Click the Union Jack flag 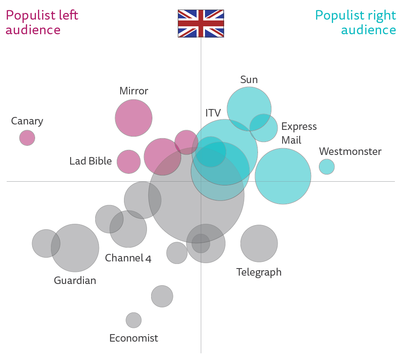click(201, 23)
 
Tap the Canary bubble click(27, 138)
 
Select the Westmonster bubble click(326, 167)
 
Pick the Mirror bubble click(134, 118)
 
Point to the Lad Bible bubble click(129, 162)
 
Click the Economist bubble click(134, 320)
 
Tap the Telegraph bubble click(259, 243)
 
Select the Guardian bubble click(75, 248)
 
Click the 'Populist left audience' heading click(42, 23)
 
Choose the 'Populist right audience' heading click(356, 23)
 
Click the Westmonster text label click(350, 151)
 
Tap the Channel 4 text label click(128, 258)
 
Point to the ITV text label click(213, 113)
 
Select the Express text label click(299, 127)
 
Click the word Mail click(291, 140)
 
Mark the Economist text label click(134, 338)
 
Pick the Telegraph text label click(259, 272)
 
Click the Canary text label click(27, 121)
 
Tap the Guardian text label click(75, 280)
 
